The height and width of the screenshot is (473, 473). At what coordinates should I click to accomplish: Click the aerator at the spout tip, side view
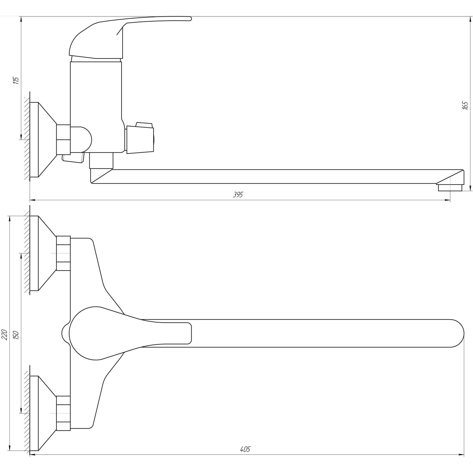coord(450,188)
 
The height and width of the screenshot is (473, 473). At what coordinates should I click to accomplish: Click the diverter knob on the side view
coord(140,137)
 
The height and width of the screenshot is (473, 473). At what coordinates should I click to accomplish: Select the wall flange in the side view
coord(43,140)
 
